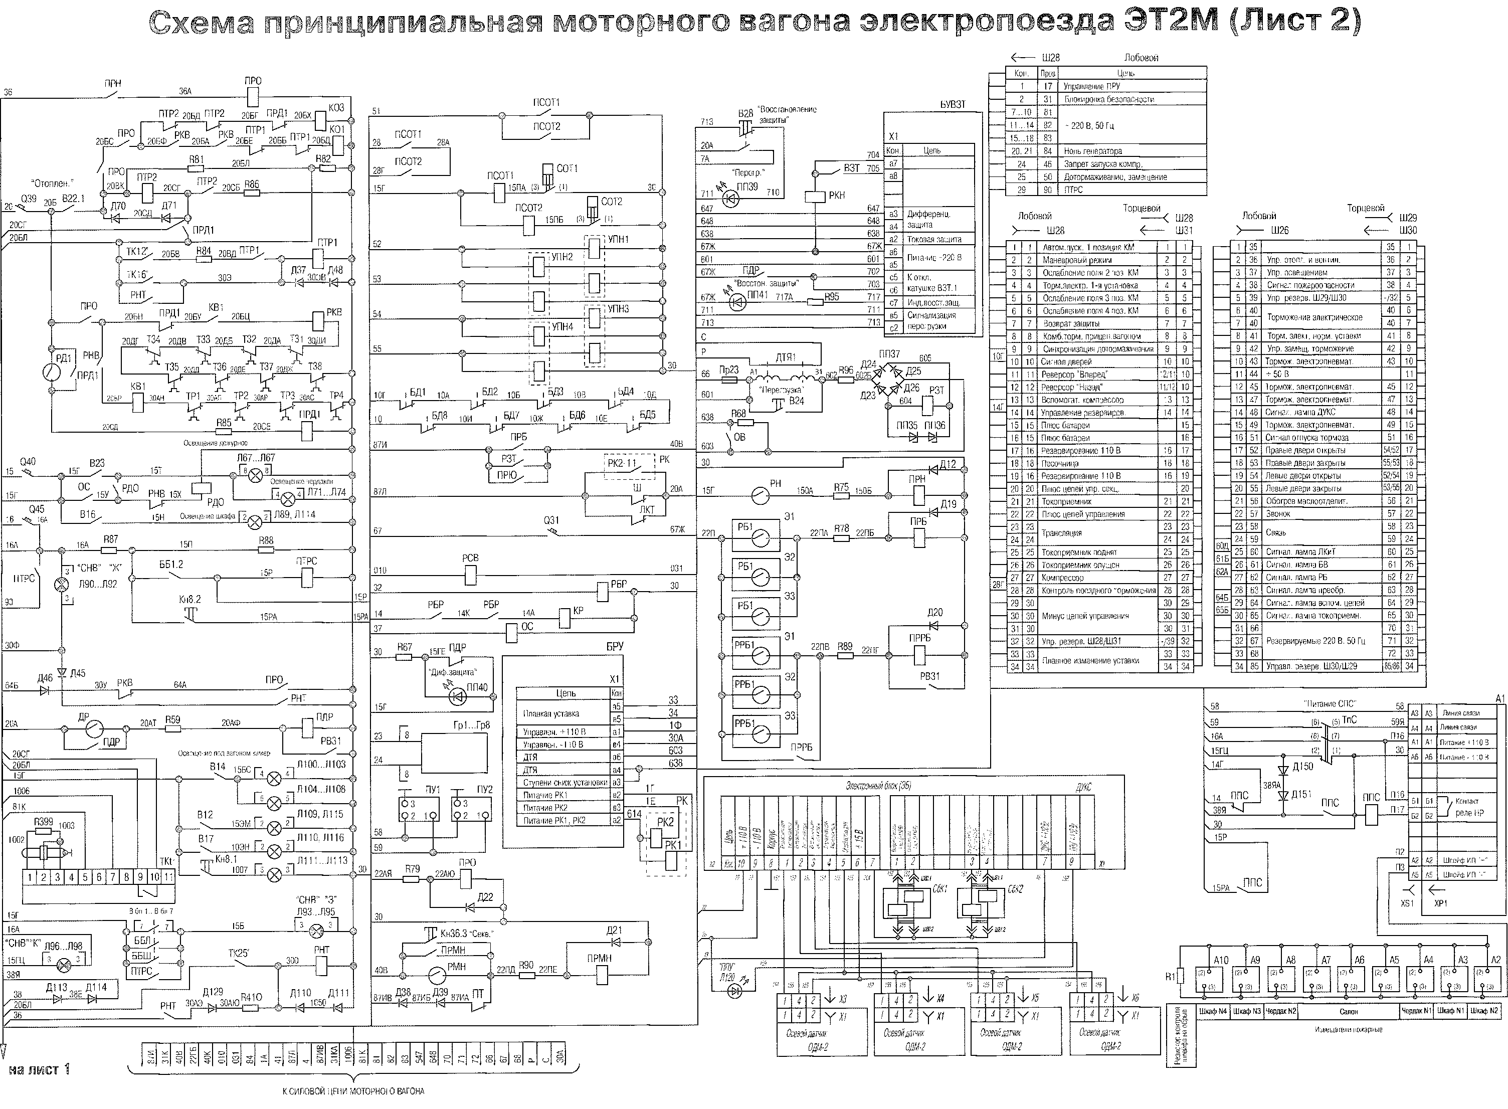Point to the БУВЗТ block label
953,105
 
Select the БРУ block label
614,646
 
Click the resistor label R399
44,822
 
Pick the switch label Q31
551,519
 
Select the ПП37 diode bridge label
889,354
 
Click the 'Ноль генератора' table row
1092,151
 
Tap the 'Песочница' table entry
1060,463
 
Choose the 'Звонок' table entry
1278,513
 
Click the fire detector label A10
1221,960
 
